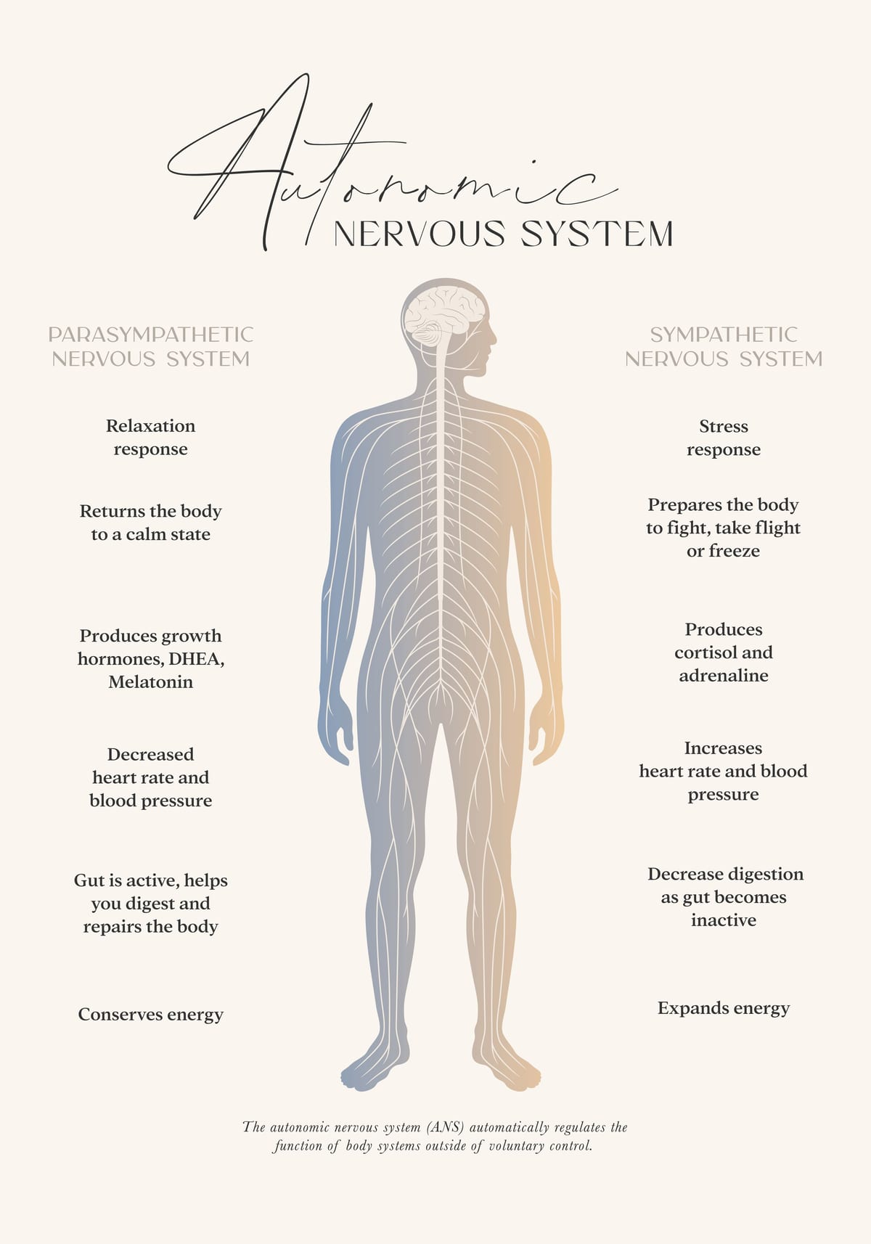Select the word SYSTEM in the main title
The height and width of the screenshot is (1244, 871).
click(597, 234)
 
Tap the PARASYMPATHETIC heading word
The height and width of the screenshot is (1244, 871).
click(150, 335)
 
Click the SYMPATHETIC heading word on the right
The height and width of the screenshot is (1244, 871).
click(723, 335)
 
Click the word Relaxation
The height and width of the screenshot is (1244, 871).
click(150, 426)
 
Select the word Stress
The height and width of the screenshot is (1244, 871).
click(723, 426)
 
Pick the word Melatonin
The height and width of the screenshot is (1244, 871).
click(150, 682)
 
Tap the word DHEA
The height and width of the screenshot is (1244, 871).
click(196, 659)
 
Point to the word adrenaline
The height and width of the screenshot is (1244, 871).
click(723, 675)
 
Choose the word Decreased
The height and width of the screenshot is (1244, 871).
click(150, 754)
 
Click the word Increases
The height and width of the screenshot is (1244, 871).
click(723, 748)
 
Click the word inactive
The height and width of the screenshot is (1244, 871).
click(723, 920)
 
